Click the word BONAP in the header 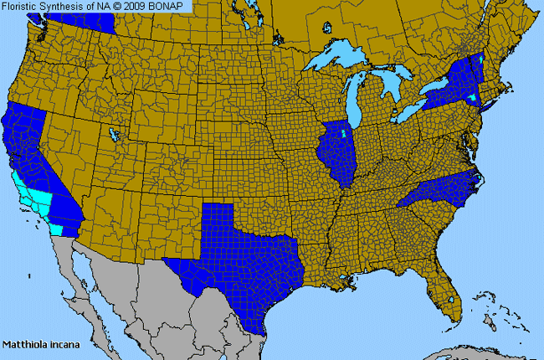pyautogui.click(x=170, y=6)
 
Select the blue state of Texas pyautogui.click(x=243, y=251)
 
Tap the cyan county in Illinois pyautogui.click(x=343, y=133)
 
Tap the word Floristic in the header pyautogui.click(x=23, y=6)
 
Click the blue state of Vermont pyautogui.click(x=477, y=63)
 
